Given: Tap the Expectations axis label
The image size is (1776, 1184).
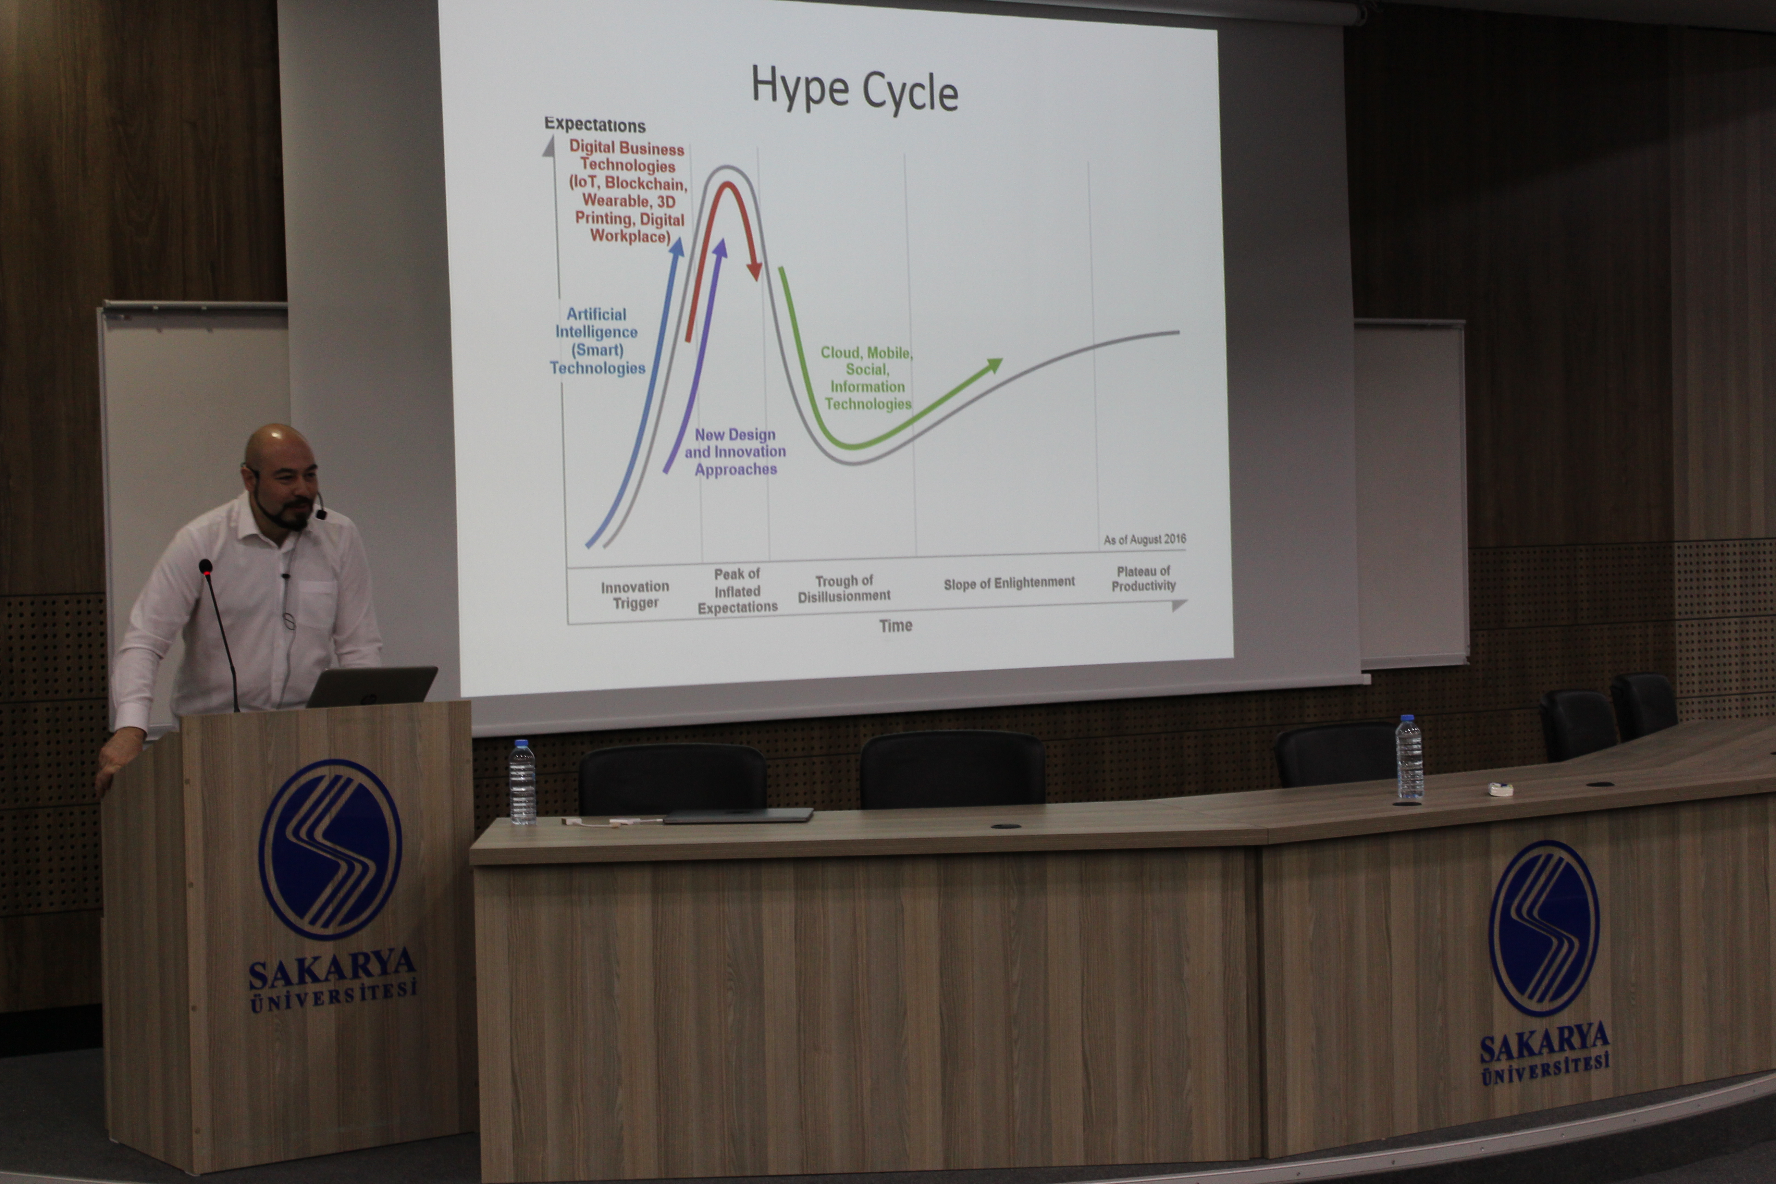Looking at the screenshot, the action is [x=595, y=125].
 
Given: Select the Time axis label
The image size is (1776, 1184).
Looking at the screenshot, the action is [x=896, y=625].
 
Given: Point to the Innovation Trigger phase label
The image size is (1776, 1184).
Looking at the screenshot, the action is [x=635, y=594].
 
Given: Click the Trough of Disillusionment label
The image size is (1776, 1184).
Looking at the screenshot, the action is [x=844, y=588].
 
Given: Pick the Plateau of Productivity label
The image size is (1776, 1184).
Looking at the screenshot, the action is [x=1143, y=578].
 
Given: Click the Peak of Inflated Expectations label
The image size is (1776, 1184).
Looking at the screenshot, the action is [x=737, y=591].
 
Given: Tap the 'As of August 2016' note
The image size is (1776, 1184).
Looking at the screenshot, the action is [x=1145, y=539].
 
